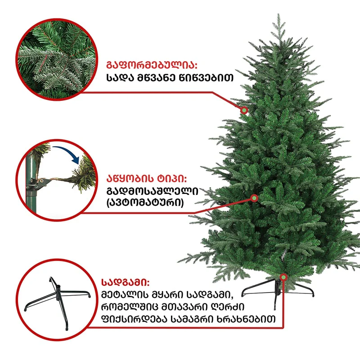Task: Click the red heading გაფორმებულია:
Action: [152, 65]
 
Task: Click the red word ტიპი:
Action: [171, 179]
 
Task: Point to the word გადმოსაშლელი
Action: [152, 191]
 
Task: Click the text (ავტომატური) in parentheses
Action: [145, 203]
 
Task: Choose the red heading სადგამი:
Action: [126, 282]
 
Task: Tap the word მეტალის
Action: [125, 295]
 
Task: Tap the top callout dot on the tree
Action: [244, 110]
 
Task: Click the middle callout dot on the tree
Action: [254, 198]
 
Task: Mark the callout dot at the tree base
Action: [284, 277]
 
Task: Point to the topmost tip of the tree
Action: [279, 14]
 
